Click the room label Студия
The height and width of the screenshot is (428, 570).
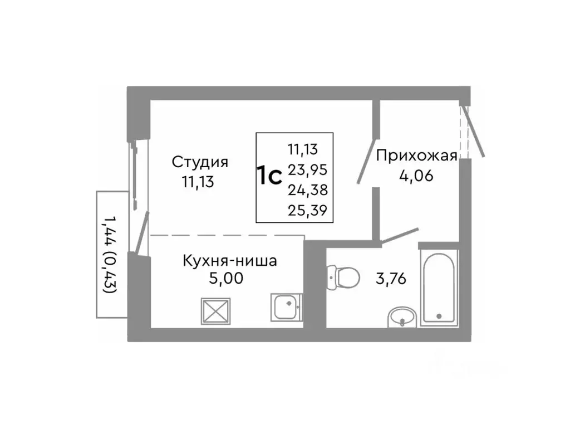pos(200,162)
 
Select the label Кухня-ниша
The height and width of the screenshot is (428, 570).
pos(229,260)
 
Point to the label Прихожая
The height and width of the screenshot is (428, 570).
pos(416,156)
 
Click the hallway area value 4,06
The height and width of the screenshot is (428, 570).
pos(416,176)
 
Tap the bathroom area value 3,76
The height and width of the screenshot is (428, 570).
pos(391,278)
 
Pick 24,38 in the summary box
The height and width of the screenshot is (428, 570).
pos(307,190)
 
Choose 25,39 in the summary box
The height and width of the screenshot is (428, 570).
pos(307,210)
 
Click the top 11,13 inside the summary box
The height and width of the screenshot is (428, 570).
pos(303,149)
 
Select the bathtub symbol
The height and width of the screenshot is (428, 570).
pos(439,288)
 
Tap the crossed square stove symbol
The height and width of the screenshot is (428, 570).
pos(216,310)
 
